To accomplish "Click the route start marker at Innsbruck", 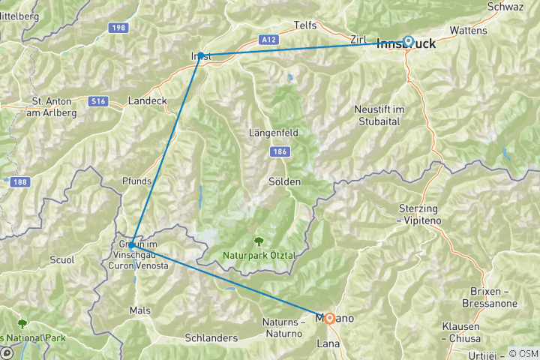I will (409, 42).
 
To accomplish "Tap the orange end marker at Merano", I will (329, 318).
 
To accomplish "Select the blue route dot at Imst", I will (200, 55).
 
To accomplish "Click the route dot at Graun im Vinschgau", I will (131, 245).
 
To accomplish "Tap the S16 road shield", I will (97, 99).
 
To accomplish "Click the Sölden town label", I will (284, 182).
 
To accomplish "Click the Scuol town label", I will (61, 260).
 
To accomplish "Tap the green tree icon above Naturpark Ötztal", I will (259, 241).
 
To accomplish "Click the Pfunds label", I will (136, 181).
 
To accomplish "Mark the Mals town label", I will (139, 310).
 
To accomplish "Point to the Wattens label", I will (468, 31).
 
